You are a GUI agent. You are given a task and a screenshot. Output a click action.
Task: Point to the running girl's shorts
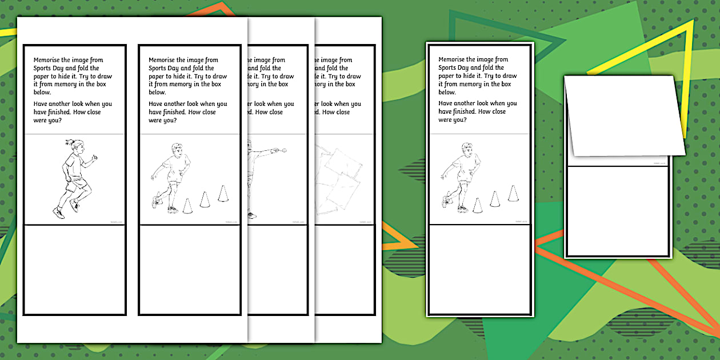pyautogui.click(x=79, y=184)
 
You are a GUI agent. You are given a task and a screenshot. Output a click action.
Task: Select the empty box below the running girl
pyautogui.click(x=74, y=269)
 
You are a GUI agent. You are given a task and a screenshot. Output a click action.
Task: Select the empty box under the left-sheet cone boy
pyautogui.click(x=190, y=269)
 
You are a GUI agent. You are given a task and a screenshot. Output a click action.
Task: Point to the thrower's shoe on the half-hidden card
pyautogui.click(x=252, y=215)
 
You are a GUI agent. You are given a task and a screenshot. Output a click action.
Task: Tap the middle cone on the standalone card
pyautogui.click(x=495, y=199)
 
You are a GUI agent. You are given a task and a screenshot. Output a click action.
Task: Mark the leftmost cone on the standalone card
pyautogui.click(x=478, y=205)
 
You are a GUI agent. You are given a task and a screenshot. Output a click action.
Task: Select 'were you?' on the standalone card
pyautogui.click(x=452, y=120)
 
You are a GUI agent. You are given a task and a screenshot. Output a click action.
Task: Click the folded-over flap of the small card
pyautogui.click(x=623, y=114)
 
